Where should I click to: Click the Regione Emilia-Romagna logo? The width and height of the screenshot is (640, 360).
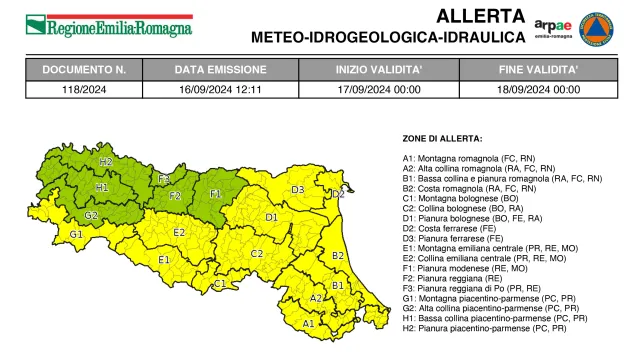click(x=109, y=24)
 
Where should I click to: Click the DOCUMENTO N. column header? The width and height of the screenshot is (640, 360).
click(x=84, y=70)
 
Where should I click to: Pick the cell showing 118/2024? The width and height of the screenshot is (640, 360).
click(x=84, y=88)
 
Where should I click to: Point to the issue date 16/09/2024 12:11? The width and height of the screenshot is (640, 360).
click(x=220, y=88)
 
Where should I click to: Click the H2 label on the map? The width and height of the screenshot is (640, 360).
click(x=105, y=161)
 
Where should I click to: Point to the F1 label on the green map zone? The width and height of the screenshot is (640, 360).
click(x=215, y=194)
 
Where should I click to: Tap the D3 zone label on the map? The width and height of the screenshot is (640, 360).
click(x=297, y=189)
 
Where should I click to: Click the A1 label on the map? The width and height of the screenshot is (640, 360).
click(x=308, y=323)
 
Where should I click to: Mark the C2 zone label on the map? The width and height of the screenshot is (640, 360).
click(x=256, y=253)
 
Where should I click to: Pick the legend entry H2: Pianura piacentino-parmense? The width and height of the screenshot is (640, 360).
click(x=476, y=328)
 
